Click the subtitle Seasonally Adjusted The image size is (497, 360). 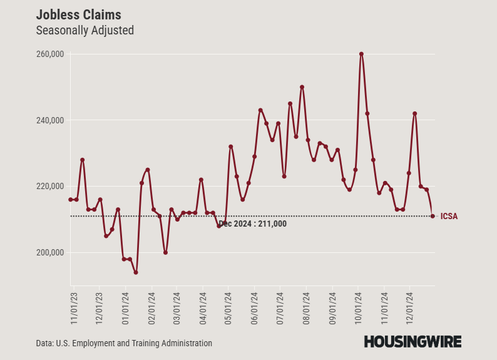point(85,30)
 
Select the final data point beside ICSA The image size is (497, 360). point(433,216)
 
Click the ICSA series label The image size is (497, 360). point(449,217)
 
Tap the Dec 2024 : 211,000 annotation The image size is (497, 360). point(253,224)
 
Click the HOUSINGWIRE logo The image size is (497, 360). point(412,341)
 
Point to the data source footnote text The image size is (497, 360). point(124,343)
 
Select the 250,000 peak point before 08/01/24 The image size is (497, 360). point(302,87)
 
